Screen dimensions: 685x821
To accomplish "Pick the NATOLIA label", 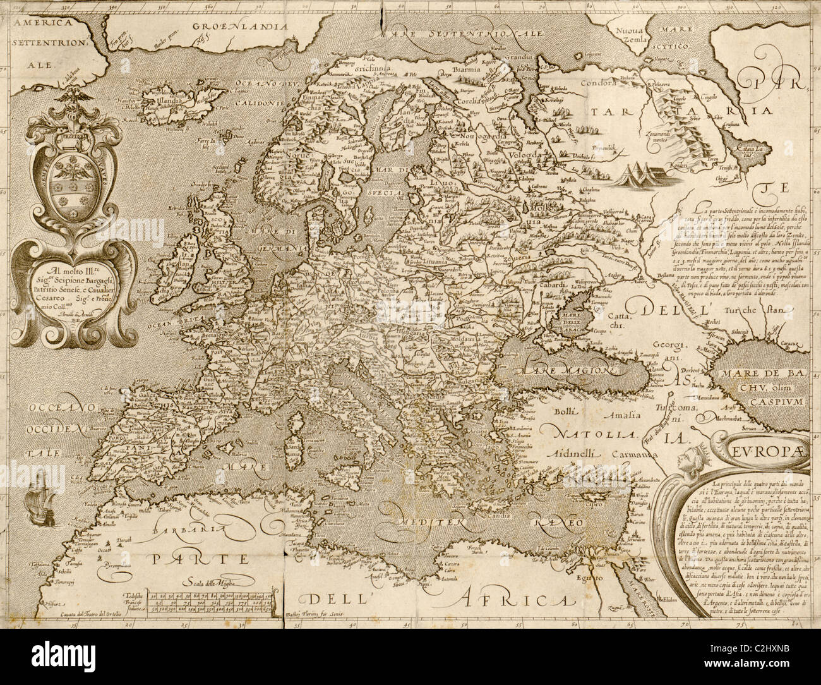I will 583,434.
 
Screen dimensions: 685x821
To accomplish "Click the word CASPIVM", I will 779,400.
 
